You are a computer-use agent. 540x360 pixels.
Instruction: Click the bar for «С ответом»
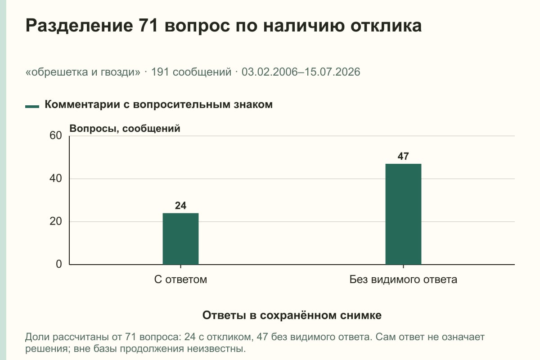click(180, 238)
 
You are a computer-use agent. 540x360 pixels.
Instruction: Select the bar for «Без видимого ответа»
click(403, 214)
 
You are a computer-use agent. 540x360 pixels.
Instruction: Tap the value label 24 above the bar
click(180, 206)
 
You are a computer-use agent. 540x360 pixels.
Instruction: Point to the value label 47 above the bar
click(403, 156)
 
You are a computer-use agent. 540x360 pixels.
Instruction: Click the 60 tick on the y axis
click(56, 135)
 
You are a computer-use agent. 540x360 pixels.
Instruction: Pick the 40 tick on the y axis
click(56, 179)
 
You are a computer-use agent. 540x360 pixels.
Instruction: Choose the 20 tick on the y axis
click(56, 221)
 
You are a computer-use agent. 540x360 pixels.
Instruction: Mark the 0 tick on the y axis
click(59, 264)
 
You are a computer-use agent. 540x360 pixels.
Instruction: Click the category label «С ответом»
click(180, 280)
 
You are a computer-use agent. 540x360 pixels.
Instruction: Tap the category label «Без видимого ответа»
click(403, 280)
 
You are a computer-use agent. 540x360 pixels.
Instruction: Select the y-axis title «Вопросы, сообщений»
click(125, 129)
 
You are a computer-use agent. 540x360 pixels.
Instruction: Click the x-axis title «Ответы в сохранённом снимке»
click(292, 315)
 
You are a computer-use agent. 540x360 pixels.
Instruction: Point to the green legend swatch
click(32, 107)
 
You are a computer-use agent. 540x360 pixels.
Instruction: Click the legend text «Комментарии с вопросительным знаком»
click(158, 105)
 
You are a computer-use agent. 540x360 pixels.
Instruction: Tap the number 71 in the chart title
click(148, 25)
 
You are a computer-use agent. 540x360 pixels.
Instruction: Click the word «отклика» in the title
click(386, 26)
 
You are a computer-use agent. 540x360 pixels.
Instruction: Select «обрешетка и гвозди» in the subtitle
click(83, 72)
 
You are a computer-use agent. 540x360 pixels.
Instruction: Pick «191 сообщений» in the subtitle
click(191, 72)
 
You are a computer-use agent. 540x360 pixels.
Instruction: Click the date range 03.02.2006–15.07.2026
click(301, 72)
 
